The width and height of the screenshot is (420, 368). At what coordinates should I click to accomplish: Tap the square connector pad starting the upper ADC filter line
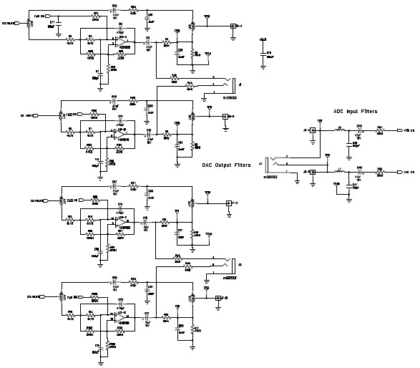312,131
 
